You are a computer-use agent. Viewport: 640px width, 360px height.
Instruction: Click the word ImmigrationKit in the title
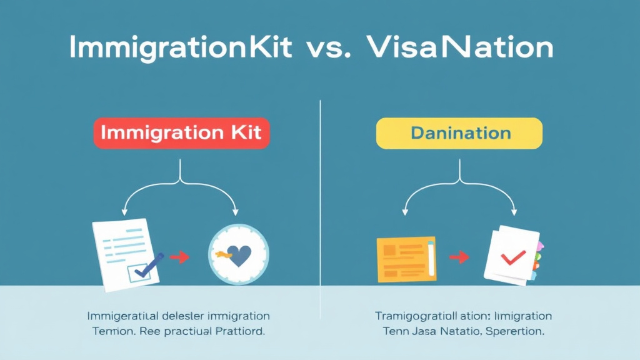point(181,49)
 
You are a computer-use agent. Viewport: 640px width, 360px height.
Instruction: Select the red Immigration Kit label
point(181,133)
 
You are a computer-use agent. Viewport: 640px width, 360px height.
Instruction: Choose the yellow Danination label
point(459,133)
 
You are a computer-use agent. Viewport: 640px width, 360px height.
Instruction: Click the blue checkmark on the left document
point(149,265)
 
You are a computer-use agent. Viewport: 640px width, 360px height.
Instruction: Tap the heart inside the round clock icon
point(239,255)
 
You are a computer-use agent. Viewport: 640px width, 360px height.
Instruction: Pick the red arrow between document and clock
point(180,256)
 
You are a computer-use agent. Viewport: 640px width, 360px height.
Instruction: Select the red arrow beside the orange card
point(459,256)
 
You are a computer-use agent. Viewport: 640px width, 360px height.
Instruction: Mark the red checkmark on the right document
point(513,256)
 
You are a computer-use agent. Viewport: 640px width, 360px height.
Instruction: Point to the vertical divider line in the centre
point(320,187)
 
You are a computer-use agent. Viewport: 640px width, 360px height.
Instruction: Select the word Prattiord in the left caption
point(237,332)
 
